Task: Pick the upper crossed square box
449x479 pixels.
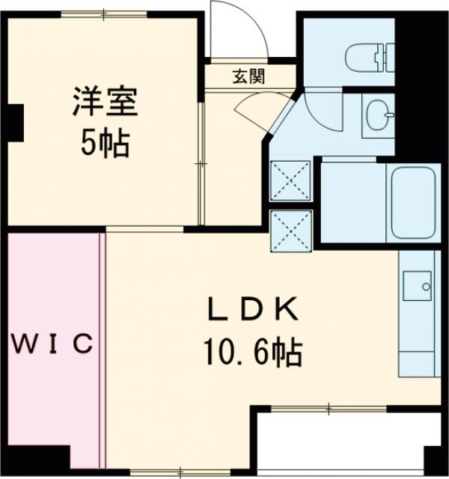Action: click(290, 180)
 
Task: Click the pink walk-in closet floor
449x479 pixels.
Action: click(52, 404)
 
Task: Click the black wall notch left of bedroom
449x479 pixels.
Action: click(14, 120)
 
